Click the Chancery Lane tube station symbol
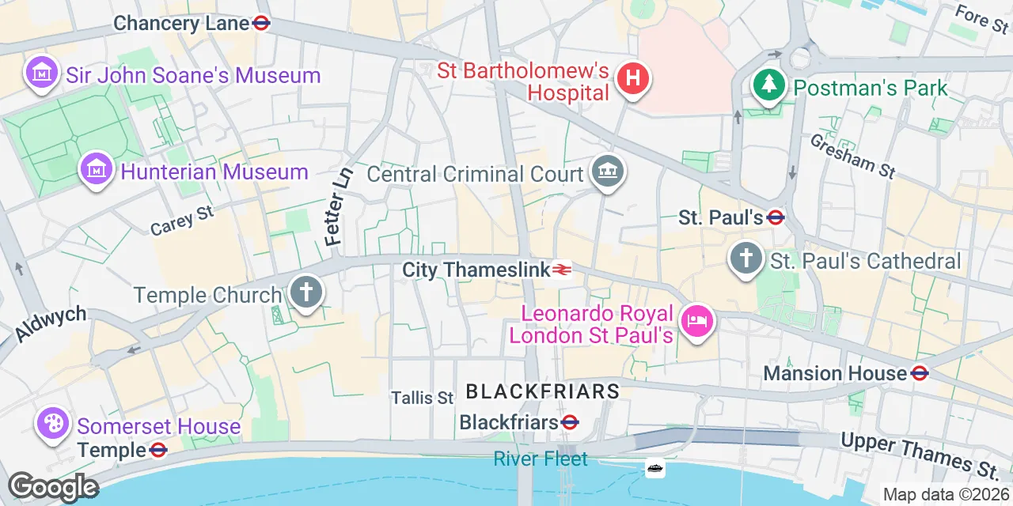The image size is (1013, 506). pos(261,24)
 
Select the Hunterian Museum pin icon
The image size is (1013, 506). pos(96,168)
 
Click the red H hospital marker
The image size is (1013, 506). pos(633,78)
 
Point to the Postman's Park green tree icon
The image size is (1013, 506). pos(768,85)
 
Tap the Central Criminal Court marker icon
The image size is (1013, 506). pos(608,172)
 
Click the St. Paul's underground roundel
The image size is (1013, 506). pos(776,217)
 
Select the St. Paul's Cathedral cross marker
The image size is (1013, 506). pos(746,259)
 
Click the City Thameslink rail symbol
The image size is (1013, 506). pos(562,270)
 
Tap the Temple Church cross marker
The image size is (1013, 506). pos(305,293)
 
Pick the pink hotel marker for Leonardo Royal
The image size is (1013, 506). pos(697,322)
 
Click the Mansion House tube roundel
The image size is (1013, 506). pos(920,373)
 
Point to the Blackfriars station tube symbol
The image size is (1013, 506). pos(570,423)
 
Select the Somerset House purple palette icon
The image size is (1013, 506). pos(54,424)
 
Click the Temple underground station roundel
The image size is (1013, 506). pos(158,451)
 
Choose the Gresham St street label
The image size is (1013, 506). pos(852,155)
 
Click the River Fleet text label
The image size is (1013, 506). pos(541,459)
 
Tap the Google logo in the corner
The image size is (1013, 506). pos(53,486)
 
